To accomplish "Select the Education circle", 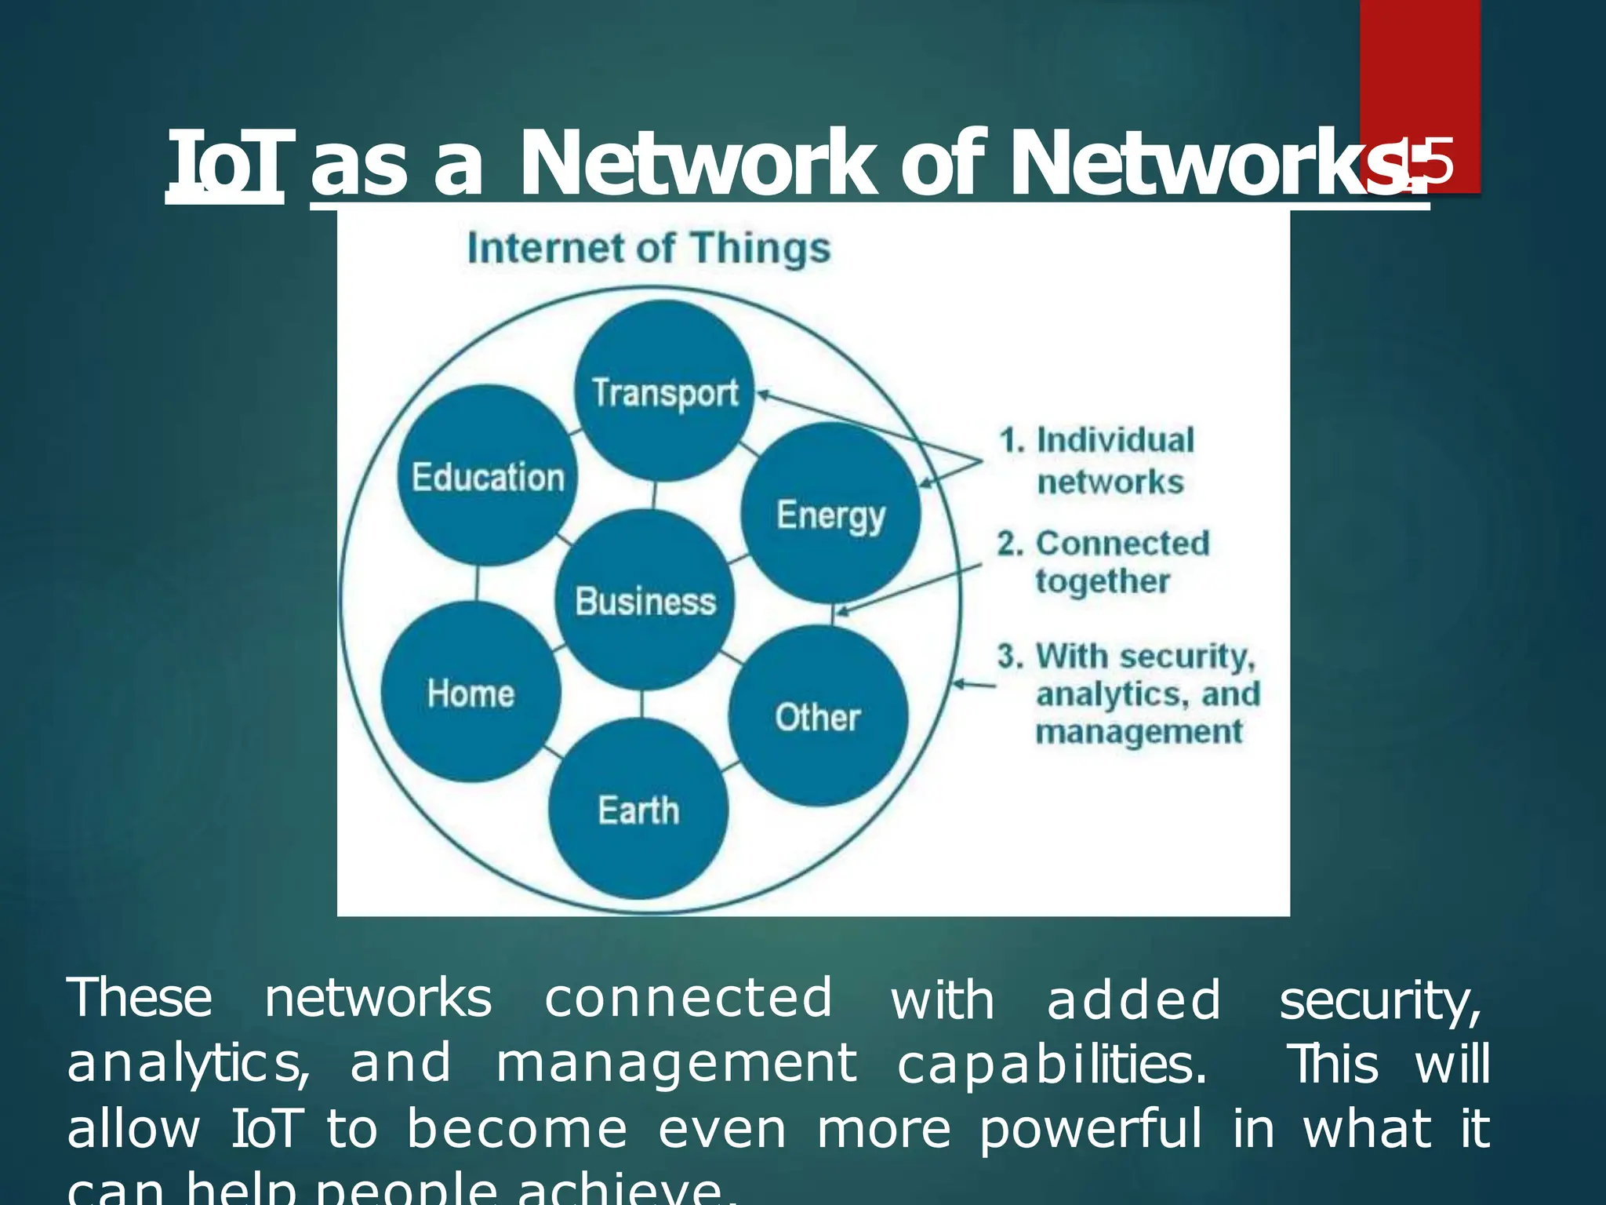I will click(x=488, y=475).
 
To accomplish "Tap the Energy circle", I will click(x=830, y=513).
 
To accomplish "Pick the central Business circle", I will click(x=645, y=600).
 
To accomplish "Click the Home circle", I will click(x=471, y=692).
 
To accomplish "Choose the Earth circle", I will click(x=638, y=809).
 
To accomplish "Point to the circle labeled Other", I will click(x=818, y=715).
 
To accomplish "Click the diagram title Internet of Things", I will click(x=649, y=248).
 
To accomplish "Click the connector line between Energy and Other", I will click(x=832, y=614).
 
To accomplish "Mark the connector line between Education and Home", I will click(x=477, y=583).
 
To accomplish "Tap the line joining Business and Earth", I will click(x=642, y=704).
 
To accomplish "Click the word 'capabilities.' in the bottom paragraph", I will click(x=1051, y=1065).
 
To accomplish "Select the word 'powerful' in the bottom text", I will click(x=1090, y=1130).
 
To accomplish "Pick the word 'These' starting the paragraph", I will click(x=140, y=999).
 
